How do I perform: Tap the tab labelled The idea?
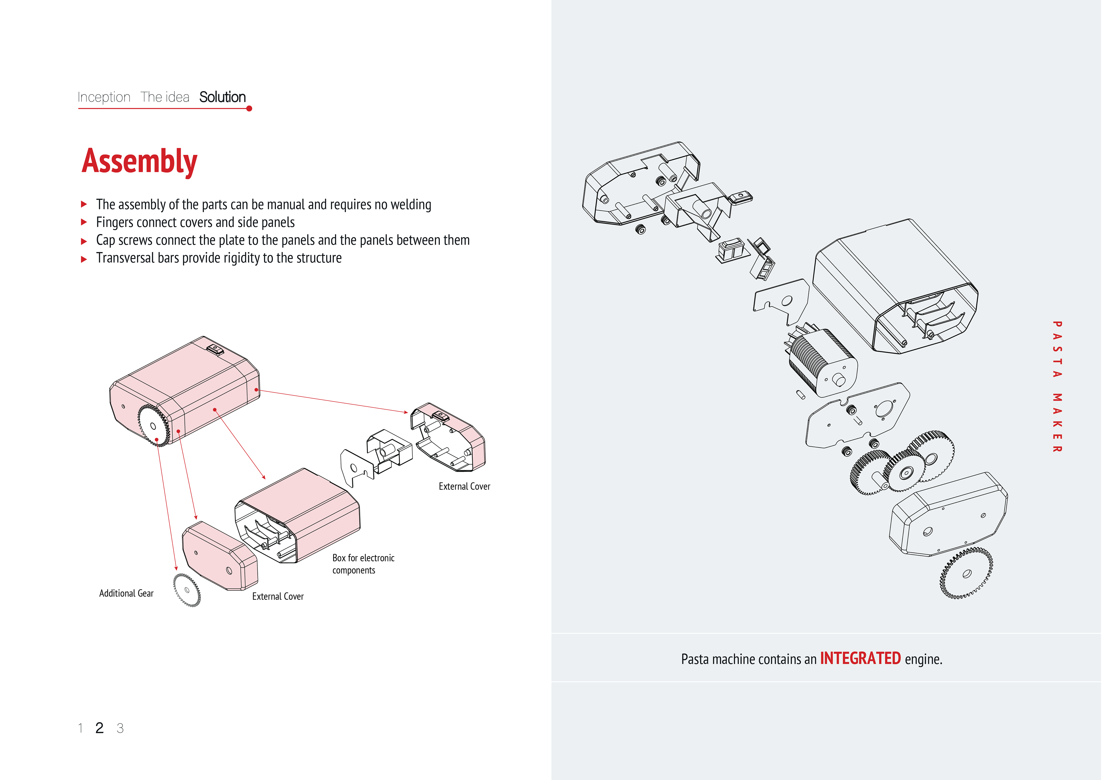pyautogui.click(x=165, y=97)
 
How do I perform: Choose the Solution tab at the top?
pyautogui.click(x=222, y=97)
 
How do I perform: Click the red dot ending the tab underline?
pyautogui.click(x=249, y=109)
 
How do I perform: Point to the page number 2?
pyautogui.click(x=99, y=728)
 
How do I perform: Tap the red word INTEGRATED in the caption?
pyautogui.click(x=860, y=659)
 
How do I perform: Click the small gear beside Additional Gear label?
pyautogui.click(x=187, y=590)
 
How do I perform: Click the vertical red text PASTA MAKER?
pyautogui.click(x=1057, y=387)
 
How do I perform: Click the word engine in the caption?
pyautogui.click(x=923, y=659)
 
